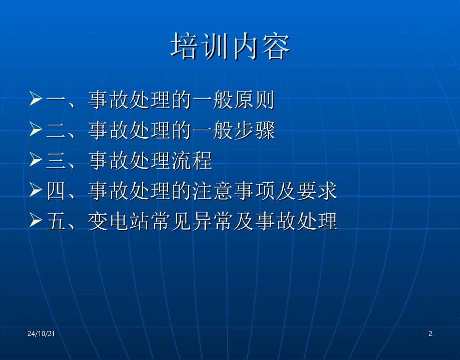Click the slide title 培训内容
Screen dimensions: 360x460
pos(230,47)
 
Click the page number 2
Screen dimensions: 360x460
pos(430,334)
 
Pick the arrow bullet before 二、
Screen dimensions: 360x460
pos(36,130)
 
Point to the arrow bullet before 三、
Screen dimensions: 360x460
pos(36,160)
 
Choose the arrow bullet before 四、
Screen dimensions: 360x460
pos(36,191)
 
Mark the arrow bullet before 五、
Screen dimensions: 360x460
pos(36,221)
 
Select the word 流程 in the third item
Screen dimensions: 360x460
pos(192,161)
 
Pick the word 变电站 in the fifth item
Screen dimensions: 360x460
pos(119,222)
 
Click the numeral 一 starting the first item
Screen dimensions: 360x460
pos(56,100)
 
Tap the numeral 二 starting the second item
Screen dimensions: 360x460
pos(56,131)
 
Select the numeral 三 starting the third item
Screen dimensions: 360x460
pos(56,161)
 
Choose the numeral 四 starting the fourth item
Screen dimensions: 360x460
pos(56,192)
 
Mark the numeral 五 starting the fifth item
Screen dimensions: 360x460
pos(56,222)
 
